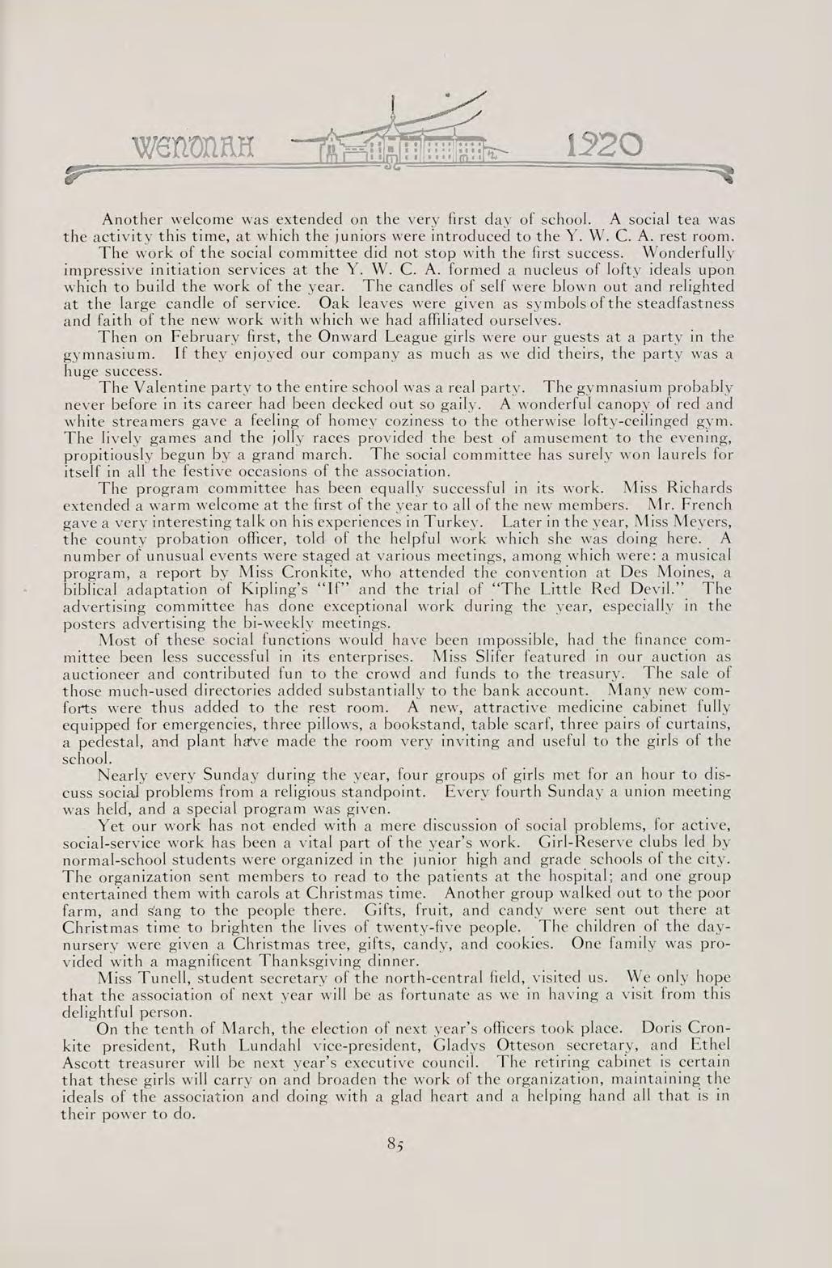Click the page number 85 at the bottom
coord(395,1143)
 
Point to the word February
coord(183,336)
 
